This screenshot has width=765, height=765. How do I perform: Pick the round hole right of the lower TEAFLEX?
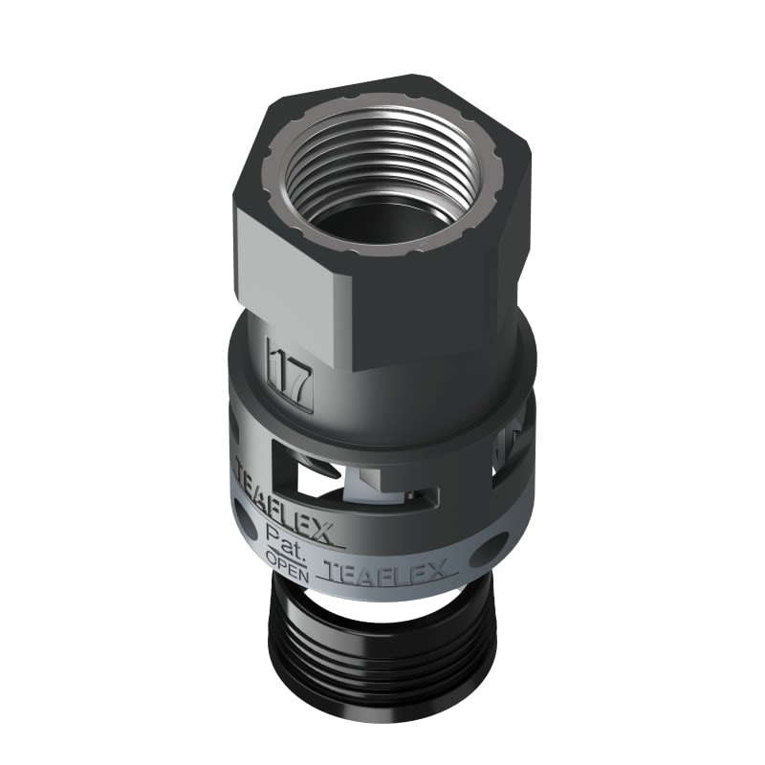point(493,548)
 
